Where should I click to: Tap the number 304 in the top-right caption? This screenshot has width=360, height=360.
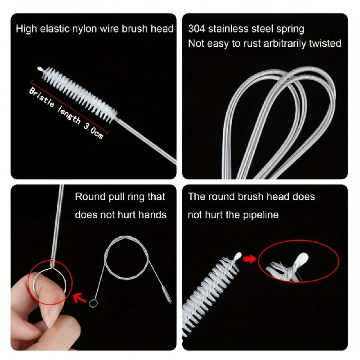point(196,29)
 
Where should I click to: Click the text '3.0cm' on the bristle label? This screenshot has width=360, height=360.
point(94,131)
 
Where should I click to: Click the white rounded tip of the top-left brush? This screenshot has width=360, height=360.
point(40,68)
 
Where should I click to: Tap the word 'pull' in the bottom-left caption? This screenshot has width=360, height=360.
point(117,198)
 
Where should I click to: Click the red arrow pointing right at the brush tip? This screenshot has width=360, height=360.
point(250,259)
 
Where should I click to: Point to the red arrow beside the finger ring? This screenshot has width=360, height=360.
point(80,298)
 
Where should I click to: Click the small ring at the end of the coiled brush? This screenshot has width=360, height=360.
point(93,303)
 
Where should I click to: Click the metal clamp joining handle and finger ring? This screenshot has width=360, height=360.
point(53,263)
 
